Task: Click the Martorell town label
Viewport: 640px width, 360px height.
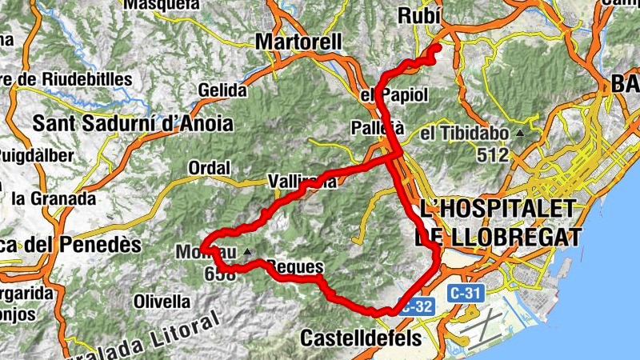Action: (x=298, y=41)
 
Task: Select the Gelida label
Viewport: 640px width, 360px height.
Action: (x=220, y=90)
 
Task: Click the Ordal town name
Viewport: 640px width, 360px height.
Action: (x=210, y=168)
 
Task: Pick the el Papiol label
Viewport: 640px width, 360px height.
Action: (x=394, y=95)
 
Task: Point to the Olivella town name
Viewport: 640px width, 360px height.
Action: (x=162, y=302)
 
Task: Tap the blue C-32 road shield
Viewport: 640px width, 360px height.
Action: (x=418, y=305)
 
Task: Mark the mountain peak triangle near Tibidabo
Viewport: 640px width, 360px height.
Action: (x=521, y=133)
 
